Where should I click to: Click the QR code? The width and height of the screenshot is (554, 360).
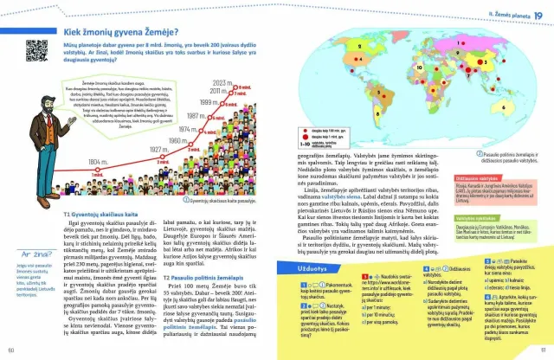37,49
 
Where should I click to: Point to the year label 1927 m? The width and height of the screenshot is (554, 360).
158,148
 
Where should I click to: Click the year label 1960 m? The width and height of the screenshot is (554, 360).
177,138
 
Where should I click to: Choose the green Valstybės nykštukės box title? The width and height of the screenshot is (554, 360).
493,218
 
